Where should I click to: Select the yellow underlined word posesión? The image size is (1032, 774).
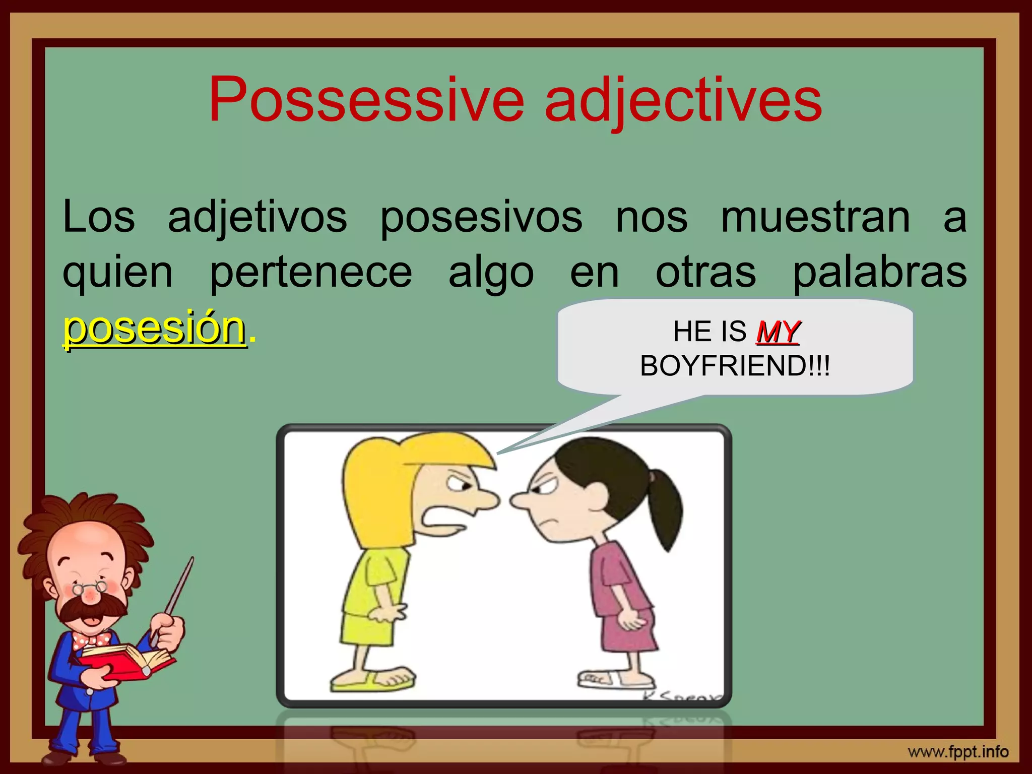pos(154,329)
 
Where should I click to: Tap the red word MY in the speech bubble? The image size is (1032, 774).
pos(778,332)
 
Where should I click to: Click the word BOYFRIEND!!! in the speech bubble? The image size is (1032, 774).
pos(735,366)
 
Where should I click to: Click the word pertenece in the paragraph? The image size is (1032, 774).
pos(311,273)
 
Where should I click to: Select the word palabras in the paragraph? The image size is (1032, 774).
pos(879,273)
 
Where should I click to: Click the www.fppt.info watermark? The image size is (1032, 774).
pos(958,752)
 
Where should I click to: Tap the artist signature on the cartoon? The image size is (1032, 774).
pos(680,698)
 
